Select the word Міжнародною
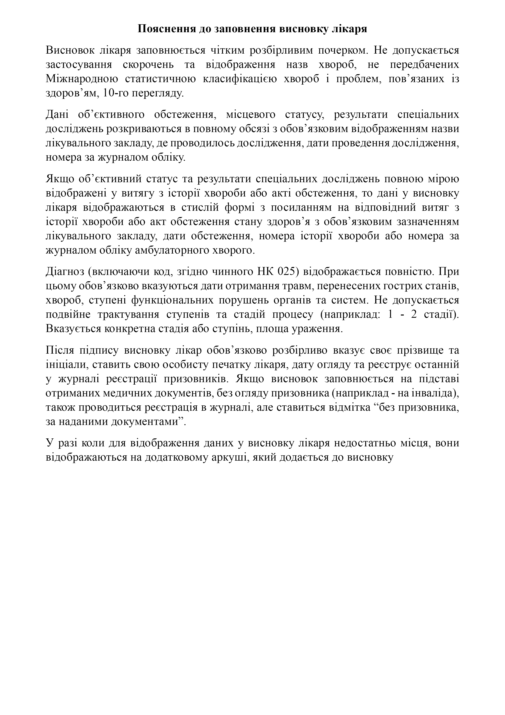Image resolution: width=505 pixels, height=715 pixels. point(82,79)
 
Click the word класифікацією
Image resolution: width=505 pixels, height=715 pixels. point(239,79)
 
